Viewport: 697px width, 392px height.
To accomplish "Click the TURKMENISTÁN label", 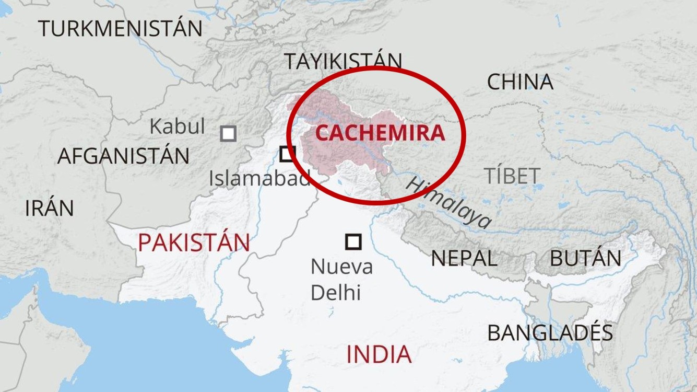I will tap(120, 28).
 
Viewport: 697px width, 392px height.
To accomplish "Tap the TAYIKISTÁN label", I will tap(343, 62).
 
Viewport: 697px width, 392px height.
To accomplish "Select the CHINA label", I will tap(519, 82).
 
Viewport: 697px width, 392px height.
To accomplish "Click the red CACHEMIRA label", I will tap(380, 133).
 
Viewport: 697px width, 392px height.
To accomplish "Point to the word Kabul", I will tap(177, 126).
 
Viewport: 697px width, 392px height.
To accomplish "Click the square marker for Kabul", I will tap(228, 134).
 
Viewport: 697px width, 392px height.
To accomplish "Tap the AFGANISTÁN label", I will tap(123, 156).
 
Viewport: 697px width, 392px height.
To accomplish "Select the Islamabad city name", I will tap(259, 179).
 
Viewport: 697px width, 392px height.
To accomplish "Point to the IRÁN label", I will tap(50, 209).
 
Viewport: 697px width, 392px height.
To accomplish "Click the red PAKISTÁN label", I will tap(194, 243).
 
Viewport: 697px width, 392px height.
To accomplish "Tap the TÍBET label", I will tap(512, 176).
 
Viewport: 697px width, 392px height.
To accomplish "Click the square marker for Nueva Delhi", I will tap(353, 241).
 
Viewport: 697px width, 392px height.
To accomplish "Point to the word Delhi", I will tap(336, 293).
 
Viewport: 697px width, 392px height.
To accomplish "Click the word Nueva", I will tap(341, 267).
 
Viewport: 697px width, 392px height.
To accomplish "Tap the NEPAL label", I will tap(464, 259).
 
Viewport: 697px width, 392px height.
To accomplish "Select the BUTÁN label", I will tap(585, 259).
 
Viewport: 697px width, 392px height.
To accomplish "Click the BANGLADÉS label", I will tap(550, 333).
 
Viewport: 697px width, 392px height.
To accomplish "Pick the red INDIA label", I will tap(379, 354).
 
